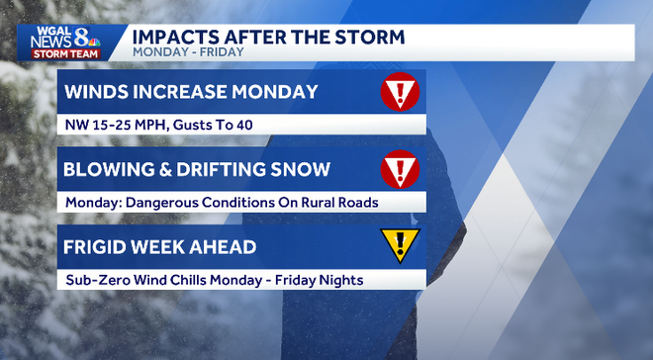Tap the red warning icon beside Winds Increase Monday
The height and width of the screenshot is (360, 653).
coord(400,92)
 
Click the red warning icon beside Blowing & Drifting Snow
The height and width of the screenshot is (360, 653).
coord(400,169)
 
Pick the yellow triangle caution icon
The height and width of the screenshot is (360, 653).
coord(400,245)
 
